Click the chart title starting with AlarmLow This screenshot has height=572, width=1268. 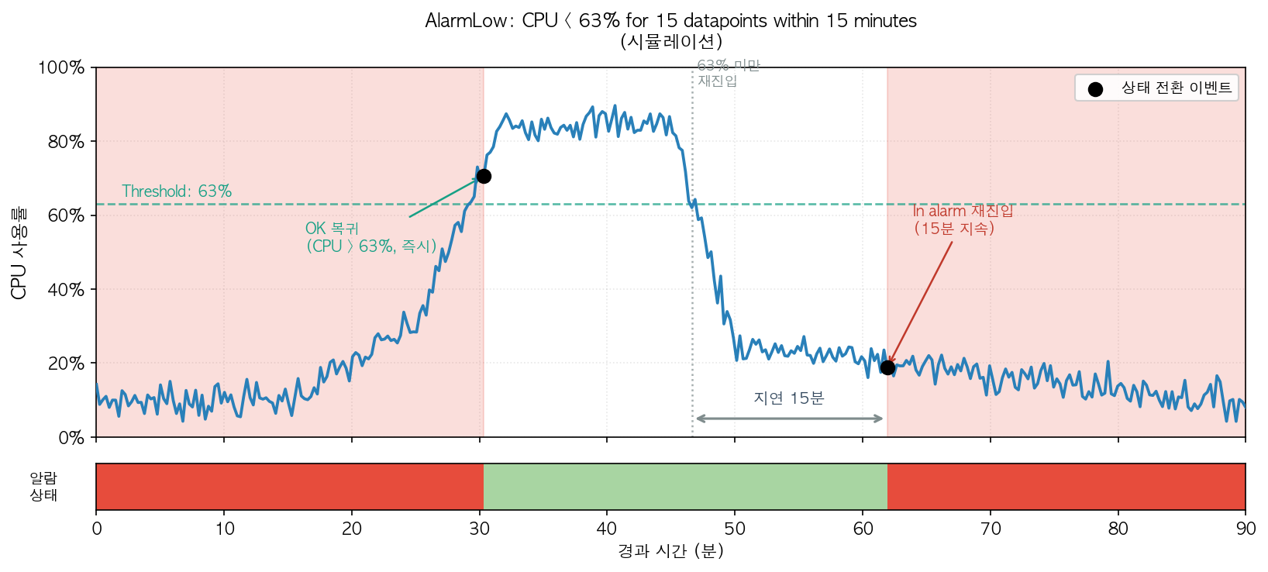point(670,21)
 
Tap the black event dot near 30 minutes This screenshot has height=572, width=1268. point(484,177)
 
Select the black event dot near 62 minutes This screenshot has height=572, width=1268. point(887,367)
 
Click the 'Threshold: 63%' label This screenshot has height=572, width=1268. point(177,191)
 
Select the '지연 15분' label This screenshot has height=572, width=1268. point(789,398)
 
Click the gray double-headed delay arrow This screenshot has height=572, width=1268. point(789,419)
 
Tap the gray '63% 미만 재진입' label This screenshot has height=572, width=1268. point(728,74)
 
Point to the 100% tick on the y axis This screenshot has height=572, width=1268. point(61,68)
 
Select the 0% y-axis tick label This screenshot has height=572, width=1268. point(71,438)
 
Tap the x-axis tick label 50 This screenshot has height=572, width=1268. point(735,529)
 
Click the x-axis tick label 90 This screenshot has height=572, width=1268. point(1245,529)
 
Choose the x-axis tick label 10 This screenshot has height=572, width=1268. point(224,529)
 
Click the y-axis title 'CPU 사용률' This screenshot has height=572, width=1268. point(19,253)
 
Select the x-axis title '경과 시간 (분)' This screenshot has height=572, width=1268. point(670,551)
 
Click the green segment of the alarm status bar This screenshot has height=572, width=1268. point(685,487)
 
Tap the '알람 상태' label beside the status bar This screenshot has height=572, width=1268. point(43,487)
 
